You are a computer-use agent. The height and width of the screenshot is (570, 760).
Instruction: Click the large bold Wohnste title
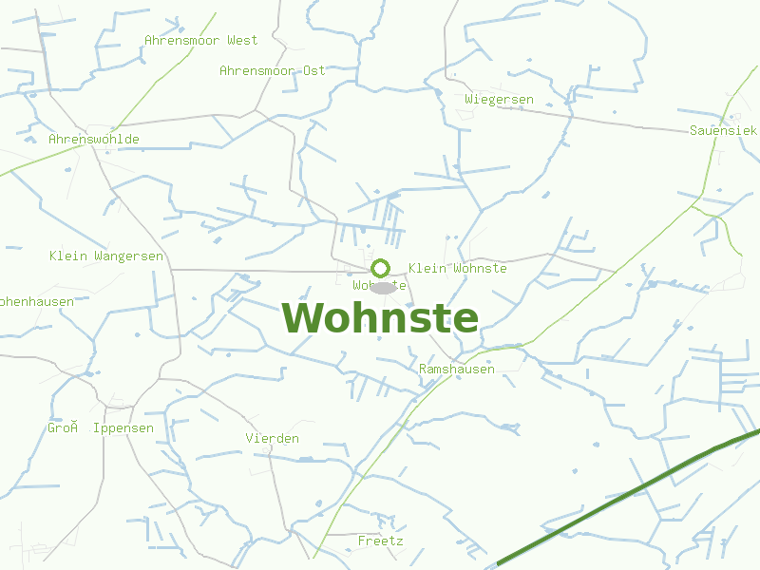(380, 318)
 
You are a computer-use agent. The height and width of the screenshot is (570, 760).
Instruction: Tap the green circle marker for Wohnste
(381, 268)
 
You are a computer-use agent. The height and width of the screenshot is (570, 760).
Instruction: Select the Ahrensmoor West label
(200, 40)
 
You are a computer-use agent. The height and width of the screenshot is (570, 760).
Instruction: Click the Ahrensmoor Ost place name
(272, 70)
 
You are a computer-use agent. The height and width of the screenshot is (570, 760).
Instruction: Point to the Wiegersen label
(499, 99)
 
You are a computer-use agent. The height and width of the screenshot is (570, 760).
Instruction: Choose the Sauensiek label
(723, 129)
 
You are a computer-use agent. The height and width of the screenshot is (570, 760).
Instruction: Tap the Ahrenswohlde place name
(93, 139)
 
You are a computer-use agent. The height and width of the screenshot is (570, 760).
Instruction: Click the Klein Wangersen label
(105, 256)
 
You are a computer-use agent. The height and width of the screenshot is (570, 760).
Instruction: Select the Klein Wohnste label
(457, 268)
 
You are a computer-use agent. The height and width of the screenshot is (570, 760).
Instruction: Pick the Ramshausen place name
(456, 369)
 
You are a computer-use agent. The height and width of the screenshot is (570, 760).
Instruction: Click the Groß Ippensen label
(100, 427)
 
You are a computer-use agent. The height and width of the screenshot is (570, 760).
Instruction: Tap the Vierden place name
(272, 438)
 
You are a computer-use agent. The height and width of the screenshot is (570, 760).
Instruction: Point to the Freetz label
(380, 541)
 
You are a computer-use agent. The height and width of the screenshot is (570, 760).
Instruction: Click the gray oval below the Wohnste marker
(383, 287)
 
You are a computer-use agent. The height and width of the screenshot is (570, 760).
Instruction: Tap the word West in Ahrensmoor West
(242, 40)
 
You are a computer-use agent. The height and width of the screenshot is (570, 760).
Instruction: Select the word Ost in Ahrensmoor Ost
(313, 70)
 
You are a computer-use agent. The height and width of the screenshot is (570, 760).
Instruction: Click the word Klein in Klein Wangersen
(67, 256)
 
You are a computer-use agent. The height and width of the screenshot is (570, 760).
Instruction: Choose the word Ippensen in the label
(123, 427)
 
